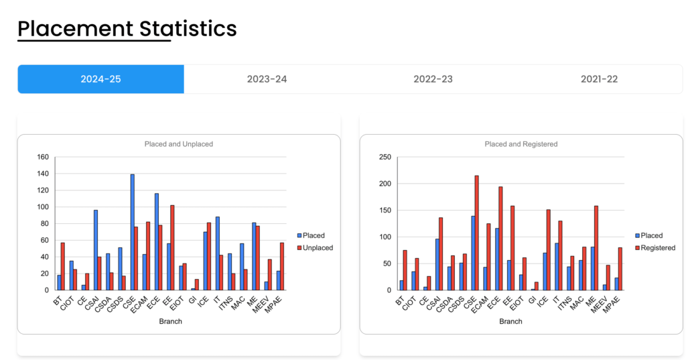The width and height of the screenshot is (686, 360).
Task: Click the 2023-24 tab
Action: coord(267,79)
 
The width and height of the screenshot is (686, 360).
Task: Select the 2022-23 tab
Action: coord(433,79)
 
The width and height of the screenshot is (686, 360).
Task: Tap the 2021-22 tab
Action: coord(599,79)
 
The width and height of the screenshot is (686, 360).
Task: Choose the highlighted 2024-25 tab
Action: coord(100,79)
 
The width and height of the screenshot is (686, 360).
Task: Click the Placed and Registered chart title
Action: coord(521,144)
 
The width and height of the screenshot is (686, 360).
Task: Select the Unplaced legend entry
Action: coord(318,247)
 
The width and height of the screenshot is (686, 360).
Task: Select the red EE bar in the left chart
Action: coord(173,247)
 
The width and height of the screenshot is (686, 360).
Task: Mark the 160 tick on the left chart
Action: coord(43,157)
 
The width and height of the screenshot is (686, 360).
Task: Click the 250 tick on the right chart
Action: coord(385,157)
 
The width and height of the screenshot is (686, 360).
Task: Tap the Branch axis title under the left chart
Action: coord(170,321)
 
